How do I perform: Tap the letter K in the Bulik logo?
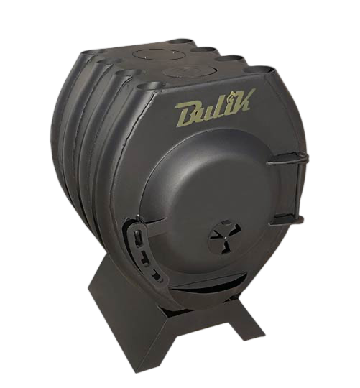[x=241, y=101]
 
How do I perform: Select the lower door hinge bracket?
[x=287, y=219]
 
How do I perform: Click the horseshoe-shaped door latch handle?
[x=143, y=250]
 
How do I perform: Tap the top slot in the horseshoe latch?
[x=137, y=236]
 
